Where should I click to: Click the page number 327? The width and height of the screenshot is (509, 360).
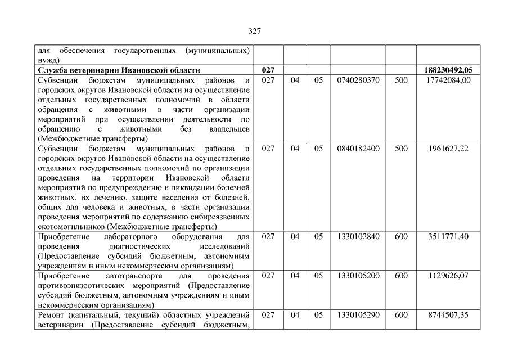pyautogui.click(x=254, y=31)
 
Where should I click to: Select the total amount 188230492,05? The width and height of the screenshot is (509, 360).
pyautogui.click(x=448, y=70)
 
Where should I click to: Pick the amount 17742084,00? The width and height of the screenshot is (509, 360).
pyautogui.click(x=448, y=80)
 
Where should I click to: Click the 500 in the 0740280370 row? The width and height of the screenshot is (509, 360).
pyautogui.click(x=401, y=80)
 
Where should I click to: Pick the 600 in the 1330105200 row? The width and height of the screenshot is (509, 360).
pyautogui.click(x=401, y=276)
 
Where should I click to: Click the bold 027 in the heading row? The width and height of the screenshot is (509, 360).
pyautogui.click(x=268, y=70)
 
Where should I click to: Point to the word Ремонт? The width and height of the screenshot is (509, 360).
pyautogui.click(x=51, y=315)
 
